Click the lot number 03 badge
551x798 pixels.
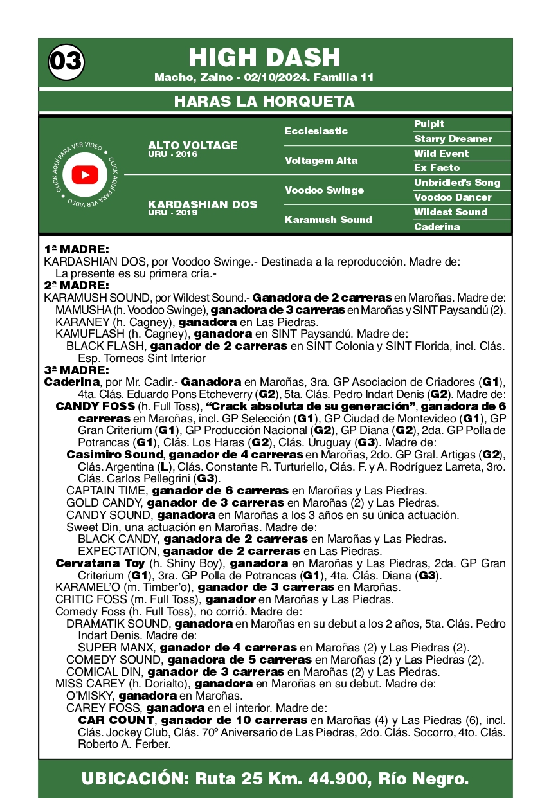pos(66,62)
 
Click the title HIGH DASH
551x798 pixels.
pos(264,58)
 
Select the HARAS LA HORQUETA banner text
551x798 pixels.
pos(264,102)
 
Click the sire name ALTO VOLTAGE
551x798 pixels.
pos(192,145)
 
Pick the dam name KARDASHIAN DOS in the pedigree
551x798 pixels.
pos(202,204)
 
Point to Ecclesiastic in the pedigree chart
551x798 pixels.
pos(316,131)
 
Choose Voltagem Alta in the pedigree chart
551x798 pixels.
pos(321,161)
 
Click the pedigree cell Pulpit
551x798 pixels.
pos(429,124)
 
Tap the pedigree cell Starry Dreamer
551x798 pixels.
pos(453,139)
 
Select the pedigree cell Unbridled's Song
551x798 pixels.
pos(456,183)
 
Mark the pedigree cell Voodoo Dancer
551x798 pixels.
pos(452,197)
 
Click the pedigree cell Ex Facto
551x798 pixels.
pos(437,168)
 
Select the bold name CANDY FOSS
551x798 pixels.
pos(95,406)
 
